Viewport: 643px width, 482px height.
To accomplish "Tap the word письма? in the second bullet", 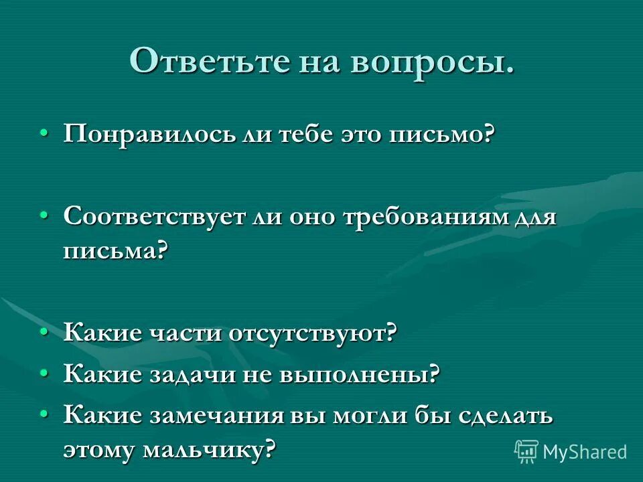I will [115, 252].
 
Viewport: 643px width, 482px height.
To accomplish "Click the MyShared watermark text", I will [585, 451].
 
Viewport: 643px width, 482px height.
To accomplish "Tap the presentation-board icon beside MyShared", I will [526, 451].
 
